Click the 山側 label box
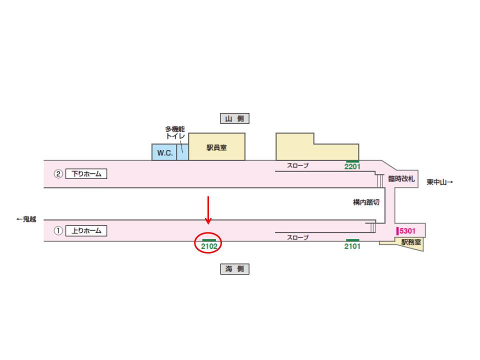pos(234,118)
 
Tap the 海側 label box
pos(234,269)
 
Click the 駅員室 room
pos(216,147)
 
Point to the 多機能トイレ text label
pos(175,132)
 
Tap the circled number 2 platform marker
pos(58,174)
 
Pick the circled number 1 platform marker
pos(58,231)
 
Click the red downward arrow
pos(208,210)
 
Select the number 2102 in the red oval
pos(208,246)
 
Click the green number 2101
pos(352,246)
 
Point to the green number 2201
pos(352,166)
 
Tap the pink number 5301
pos(408,231)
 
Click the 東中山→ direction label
pos(440,182)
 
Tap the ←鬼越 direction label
pos(26,219)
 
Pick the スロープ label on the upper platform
pos(297,165)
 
